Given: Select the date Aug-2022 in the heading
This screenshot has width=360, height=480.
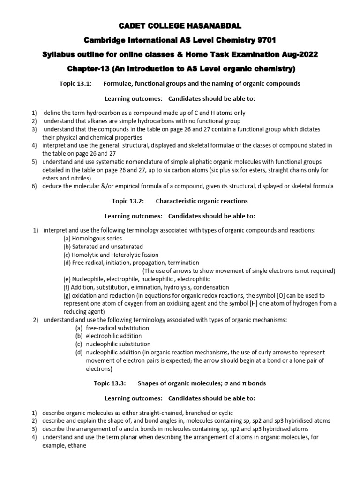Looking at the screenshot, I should pos(297,55).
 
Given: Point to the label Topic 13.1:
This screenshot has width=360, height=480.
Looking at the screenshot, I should pos(74,84).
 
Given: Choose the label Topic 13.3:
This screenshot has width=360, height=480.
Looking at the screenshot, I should pos(111,383).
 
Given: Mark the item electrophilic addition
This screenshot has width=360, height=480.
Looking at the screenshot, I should pos(113,336).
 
